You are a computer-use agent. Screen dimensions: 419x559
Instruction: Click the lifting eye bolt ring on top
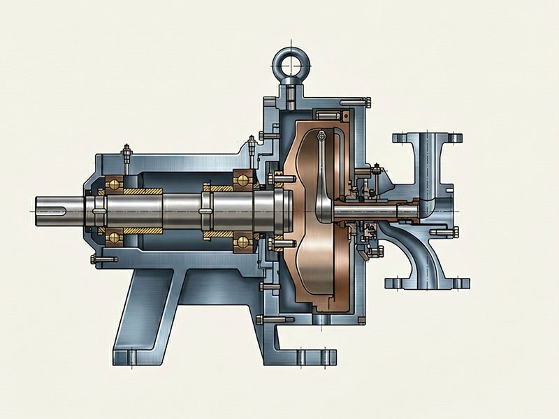click(x=289, y=61)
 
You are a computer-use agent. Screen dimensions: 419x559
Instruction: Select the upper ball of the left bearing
click(x=111, y=184)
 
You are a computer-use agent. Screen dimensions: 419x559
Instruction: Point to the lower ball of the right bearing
click(x=242, y=241)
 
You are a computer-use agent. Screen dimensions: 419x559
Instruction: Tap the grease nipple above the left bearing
click(x=126, y=152)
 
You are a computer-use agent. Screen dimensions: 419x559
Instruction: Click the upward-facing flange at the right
click(x=428, y=137)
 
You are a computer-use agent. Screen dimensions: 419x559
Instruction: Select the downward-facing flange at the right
click(x=428, y=283)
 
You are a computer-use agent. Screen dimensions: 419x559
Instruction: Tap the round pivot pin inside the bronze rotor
click(x=321, y=135)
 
